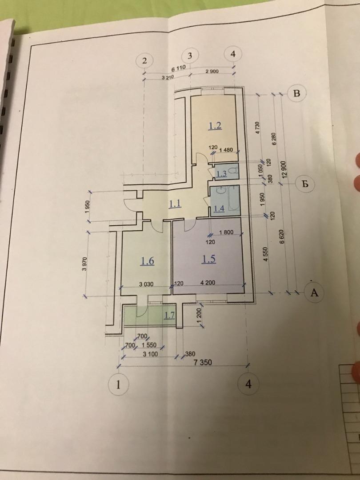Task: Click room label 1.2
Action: [215, 125]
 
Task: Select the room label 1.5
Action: [208, 259]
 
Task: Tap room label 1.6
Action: [147, 261]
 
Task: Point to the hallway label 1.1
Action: [175, 204]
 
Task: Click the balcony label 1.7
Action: [169, 315]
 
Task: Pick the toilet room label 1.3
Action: [222, 174]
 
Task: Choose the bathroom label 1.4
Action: [219, 209]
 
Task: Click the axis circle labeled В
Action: [296, 93]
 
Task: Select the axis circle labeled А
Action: [314, 292]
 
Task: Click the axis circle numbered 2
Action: [144, 60]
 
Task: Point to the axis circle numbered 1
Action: [118, 384]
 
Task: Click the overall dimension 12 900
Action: [284, 169]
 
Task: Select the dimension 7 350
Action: [203, 363]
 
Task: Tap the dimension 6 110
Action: [178, 68]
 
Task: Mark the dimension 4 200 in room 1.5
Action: [208, 283]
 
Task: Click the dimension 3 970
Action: [85, 264]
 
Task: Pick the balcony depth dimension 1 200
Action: [199, 315]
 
